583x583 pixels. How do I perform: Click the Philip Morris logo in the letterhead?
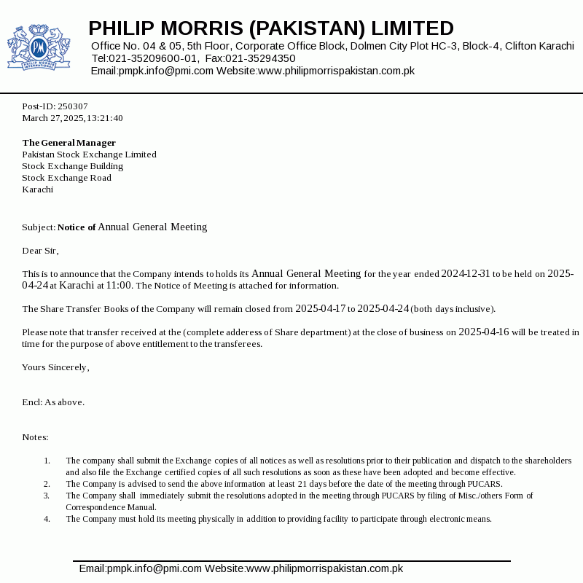[x=38, y=47]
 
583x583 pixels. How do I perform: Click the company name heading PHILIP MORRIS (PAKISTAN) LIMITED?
[x=271, y=28]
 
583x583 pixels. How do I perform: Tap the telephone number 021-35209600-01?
[x=154, y=58]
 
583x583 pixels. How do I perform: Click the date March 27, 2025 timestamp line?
[x=72, y=118]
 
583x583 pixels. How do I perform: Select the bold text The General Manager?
[x=69, y=143]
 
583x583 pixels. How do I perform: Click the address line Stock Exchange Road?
[x=66, y=178]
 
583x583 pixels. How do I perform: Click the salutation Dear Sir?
[x=39, y=251]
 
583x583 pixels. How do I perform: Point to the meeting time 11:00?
[x=119, y=286]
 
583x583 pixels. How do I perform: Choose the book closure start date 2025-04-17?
[x=320, y=309]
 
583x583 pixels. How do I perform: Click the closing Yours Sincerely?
[x=55, y=367]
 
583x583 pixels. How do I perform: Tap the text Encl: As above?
[x=53, y=402]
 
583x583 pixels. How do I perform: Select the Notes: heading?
[x=35, y=437]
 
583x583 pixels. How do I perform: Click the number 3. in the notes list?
[x=47, y=496]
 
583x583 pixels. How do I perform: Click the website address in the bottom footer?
[x=324, y=568]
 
